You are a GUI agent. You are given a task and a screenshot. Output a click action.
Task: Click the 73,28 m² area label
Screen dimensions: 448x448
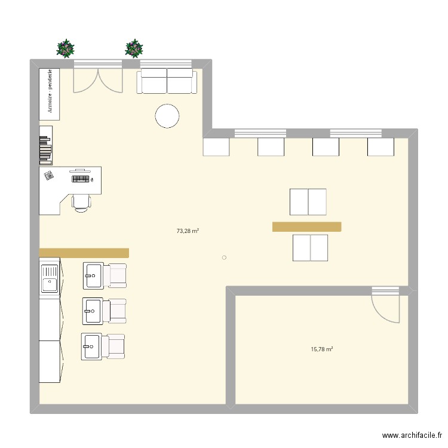tap(188, 231)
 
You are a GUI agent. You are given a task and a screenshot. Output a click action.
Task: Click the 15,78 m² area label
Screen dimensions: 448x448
tap(322, 349)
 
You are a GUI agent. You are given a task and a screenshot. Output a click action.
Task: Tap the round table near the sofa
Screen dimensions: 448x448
tap(167, 116)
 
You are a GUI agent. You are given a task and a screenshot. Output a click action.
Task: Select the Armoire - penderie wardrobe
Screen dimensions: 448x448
tap(50, 93)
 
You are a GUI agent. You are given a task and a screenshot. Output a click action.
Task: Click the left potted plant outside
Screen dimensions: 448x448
tap(66, 48)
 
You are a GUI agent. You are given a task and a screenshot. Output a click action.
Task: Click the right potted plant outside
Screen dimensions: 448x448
tap(134, 48)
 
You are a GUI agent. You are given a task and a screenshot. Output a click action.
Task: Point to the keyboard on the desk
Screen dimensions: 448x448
tap(82, 178)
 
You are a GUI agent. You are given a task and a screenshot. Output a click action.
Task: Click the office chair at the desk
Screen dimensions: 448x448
tap(82, 201)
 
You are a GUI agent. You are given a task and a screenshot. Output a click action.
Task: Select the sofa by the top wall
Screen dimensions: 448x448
tap(167, 81)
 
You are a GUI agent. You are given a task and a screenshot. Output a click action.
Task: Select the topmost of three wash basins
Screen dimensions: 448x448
tap(93, 275)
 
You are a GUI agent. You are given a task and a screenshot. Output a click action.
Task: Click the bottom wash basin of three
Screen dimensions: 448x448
tap(91, 346)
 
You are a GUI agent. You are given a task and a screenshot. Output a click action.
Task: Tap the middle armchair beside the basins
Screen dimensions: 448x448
tap(115, 311)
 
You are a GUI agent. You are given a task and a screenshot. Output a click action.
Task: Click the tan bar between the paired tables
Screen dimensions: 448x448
tap(306, 226)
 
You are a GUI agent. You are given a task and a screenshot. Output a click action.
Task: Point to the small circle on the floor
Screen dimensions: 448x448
tap(224, 258)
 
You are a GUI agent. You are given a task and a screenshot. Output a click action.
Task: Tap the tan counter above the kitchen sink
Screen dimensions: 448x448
tap(84, 253)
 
